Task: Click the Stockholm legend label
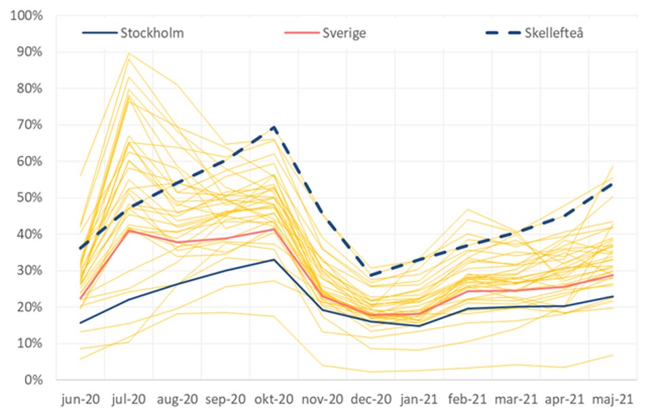[152, 33]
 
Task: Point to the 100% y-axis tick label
[27, 16]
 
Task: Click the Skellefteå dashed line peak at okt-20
[274, 127]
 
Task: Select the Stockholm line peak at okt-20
[274, 259]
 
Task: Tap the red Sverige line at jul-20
[129, 230]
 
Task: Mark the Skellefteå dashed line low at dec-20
[371, 276]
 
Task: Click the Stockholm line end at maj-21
[613, 296]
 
